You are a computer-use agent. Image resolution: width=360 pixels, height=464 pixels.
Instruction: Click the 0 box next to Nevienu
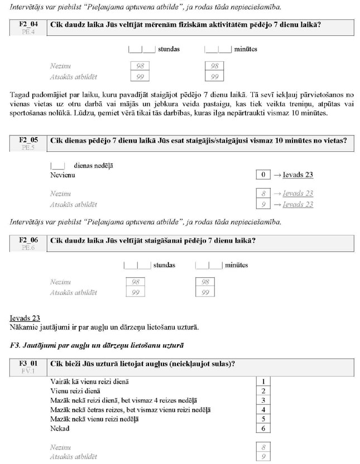(262, 175)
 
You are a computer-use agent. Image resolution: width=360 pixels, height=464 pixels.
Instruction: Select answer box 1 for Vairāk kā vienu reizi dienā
(262, 381)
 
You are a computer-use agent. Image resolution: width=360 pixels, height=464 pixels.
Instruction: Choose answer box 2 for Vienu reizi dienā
(262, 391)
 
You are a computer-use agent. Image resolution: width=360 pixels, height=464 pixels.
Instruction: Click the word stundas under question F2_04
(169, 49)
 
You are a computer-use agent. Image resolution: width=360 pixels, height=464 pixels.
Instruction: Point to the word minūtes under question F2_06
(236, 265)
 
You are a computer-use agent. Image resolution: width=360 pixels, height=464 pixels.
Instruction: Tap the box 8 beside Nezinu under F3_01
(262, 447)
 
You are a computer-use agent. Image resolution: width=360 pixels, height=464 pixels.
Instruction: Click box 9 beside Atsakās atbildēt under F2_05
(262, 205)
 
